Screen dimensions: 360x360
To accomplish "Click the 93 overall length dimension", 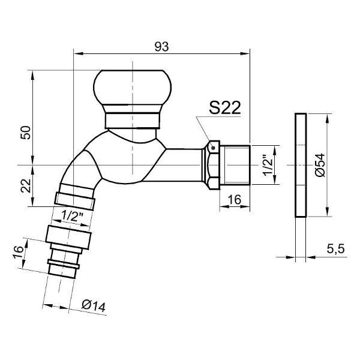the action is [161, 47].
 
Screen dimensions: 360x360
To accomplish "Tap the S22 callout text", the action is [225, 107].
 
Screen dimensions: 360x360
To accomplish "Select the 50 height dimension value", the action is [25, 133].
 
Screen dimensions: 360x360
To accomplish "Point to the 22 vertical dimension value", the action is [25, 185].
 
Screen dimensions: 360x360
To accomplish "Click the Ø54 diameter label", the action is [320, 165].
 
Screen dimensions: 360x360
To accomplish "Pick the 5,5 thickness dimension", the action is [335, 249].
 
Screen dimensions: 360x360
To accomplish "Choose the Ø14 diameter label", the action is [94, 306].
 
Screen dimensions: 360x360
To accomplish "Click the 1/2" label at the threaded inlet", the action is [268, 166].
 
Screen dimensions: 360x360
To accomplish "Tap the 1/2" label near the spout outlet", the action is [73, 216].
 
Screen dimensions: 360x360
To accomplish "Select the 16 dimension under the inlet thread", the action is [235, 199].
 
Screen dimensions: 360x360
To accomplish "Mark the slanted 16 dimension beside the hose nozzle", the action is [19, 252].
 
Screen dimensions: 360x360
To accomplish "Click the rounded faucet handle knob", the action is [132, 88].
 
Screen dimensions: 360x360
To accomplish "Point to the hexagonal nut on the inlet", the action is [211, 165].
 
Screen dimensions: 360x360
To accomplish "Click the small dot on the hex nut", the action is [213, 148].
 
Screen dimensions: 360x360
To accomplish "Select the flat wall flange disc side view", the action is [301, 165].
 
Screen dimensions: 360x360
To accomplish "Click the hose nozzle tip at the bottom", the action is [62, 271].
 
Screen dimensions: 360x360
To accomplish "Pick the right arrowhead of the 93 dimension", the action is [245, 53].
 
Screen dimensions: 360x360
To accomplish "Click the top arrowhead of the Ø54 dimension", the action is [328, 118].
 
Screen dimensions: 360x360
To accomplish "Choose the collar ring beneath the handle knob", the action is [132, 116].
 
